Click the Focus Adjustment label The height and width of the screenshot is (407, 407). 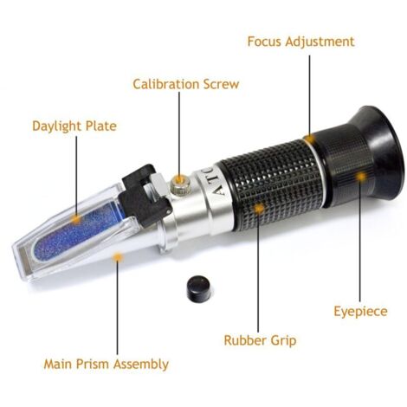coord(300,42)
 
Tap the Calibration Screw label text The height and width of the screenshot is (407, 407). coord(186,84)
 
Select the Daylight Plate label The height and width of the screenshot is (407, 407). coord(74,126)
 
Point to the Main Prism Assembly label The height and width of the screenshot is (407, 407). coord(106,364)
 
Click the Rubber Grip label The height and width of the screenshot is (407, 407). coord(260,340)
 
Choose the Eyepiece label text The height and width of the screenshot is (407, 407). coord(360,312)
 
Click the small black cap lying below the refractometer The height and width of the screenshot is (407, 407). coord(198,288)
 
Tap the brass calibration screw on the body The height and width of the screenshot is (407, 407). coord(179,184)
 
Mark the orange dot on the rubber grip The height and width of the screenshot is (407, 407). coord(259,208)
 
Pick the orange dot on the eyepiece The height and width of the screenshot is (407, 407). coord(360,176)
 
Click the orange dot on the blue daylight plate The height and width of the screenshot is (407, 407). coord(76,219)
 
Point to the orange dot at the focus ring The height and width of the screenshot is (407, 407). coord(310,139)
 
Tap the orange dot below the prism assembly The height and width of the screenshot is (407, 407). coord(117,256)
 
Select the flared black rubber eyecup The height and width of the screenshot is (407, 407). coord(378,153)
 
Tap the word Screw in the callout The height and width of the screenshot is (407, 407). coord(221,84)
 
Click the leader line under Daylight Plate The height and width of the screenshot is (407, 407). coord(76,176)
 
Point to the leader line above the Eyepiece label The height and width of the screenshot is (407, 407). coord(360,241)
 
